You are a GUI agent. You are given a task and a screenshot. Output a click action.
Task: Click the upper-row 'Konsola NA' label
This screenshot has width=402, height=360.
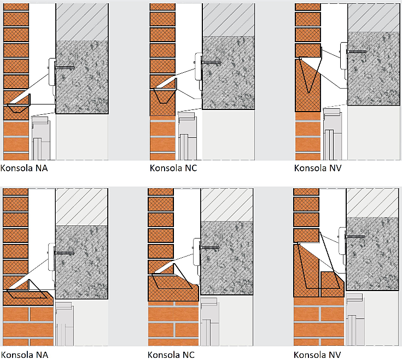pyautogui.click(x=24, y=167)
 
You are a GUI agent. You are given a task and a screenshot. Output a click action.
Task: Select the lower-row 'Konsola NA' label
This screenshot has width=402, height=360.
pyautogui.click(x=24, y=355)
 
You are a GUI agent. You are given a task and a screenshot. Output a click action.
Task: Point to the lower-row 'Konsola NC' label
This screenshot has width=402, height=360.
pyautogui.click(x=171, y=355)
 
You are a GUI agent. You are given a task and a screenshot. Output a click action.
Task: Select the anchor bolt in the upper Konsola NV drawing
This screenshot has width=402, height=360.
pyautogui.click(x=357, y=52)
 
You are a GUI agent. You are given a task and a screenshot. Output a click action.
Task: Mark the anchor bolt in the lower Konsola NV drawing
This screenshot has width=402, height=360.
pyautogui.click(x=356, y=236)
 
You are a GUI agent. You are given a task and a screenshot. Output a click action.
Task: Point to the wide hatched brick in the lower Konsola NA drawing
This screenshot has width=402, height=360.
pyautogui.click(x=27, y=299)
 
